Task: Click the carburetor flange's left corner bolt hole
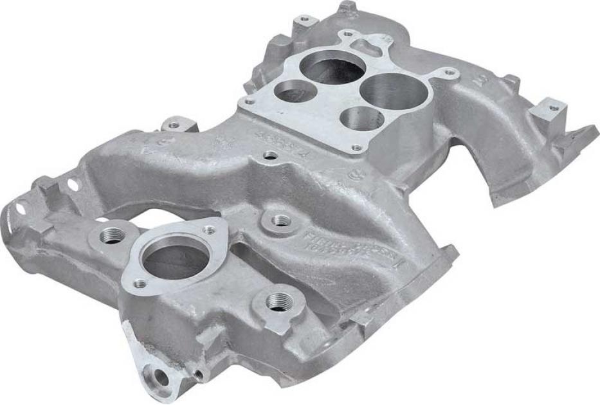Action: pos(247,101)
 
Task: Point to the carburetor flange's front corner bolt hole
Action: pos(356,148)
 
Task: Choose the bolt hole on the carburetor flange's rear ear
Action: pos(347,33)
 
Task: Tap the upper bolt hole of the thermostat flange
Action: pos(209,230)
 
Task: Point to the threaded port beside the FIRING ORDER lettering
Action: pos(280,221)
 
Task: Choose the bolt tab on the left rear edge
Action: pos(173,122)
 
